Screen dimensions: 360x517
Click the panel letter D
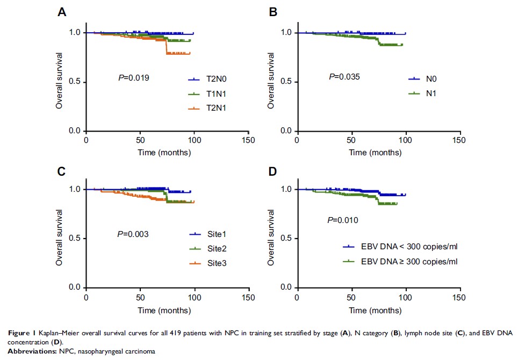pos(274,171)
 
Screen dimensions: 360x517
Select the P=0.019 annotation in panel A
pos(133,78)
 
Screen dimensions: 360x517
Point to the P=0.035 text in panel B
pos(344,77)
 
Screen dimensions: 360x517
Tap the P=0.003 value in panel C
pos(133,234)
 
